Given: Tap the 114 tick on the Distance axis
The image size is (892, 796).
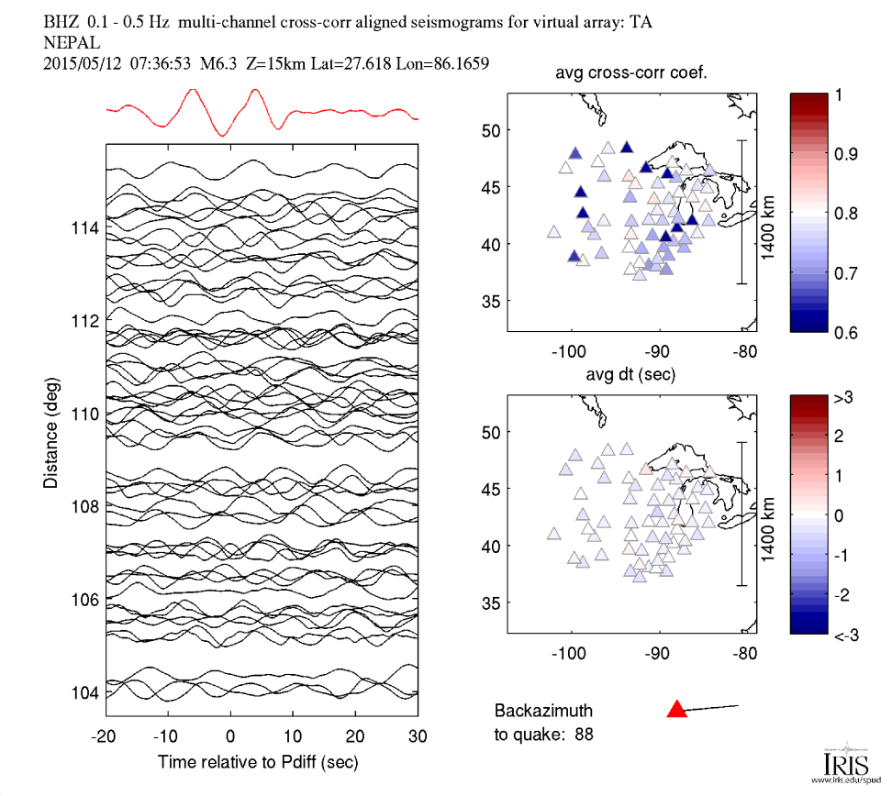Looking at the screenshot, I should coord(85,226).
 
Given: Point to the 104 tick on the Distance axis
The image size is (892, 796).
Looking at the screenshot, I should coord(85,692).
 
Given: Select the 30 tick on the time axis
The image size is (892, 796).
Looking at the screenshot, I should coord(418,735).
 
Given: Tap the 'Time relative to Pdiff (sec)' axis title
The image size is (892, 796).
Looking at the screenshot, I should coord(258,761).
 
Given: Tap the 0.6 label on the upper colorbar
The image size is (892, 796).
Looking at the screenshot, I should coord(844,332).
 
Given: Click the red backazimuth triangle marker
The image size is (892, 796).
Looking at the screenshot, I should coord(676,708).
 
